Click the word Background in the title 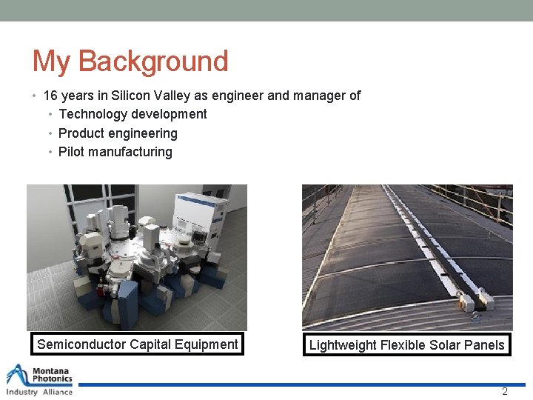(153, 61)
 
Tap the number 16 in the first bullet (50, 96)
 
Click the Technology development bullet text (133, 114)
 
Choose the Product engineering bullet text (118, 133)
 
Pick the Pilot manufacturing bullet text (115, 152)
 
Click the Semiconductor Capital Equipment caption (138, 344)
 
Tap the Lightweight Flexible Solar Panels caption (406, 345)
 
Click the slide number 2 (505, 391)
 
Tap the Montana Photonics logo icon (18, 375)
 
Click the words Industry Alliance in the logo (39, 392)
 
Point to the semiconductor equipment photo (137, 257)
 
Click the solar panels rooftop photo (407, 257)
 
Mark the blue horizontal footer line (296, 384)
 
